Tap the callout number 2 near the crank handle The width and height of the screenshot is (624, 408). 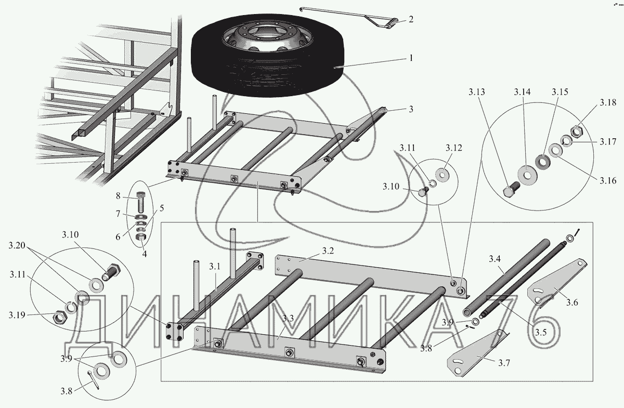click(x=411, y=20)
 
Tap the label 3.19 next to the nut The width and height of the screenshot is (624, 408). click(x=18, y=315)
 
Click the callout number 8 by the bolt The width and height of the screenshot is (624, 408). click(x=118, y=196)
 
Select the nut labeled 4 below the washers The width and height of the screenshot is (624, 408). click(x=140, y=237)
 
